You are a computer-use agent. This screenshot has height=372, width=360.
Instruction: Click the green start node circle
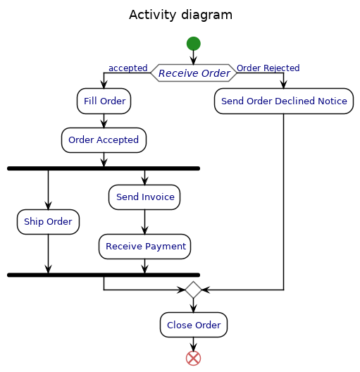tap(193, 44)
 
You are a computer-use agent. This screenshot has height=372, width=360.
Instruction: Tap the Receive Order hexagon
tap(194, 73)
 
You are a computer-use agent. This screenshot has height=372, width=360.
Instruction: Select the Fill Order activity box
tap(104, 101)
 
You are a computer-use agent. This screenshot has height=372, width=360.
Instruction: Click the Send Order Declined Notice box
tap(284, 101)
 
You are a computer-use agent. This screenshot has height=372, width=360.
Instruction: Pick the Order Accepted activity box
tap(104, 140)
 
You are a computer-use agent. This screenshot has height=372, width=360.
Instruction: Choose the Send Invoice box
tap(144, 197)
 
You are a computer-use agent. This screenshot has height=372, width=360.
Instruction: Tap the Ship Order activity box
tap(48, 222)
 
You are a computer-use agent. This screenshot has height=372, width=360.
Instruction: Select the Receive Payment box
tap(144, 247)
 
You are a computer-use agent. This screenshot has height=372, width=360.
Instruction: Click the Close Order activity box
tap(194, 325)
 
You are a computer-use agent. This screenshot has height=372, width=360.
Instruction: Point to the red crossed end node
tap(193, 358)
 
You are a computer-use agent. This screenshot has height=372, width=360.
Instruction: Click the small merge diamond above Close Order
tap(193, 290)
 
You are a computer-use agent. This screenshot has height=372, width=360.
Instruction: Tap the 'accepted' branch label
tap(128, 68)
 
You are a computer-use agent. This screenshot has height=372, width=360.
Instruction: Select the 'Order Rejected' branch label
tap(268, 68)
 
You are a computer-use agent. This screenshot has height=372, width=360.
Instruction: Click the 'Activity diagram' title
tap(181, 15)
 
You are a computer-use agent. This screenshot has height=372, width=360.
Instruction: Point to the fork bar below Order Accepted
tap(104, 168)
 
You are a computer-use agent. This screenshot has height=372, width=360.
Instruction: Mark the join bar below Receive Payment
tap(104, 275)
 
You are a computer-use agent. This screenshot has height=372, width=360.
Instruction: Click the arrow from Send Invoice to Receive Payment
tap(144, 222)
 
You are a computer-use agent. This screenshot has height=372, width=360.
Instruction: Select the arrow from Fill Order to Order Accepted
tap(104, 121)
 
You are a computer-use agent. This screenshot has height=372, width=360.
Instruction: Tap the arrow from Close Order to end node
tap(193, 345)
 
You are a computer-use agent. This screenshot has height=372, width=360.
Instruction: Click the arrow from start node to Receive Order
tap(193, 57)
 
